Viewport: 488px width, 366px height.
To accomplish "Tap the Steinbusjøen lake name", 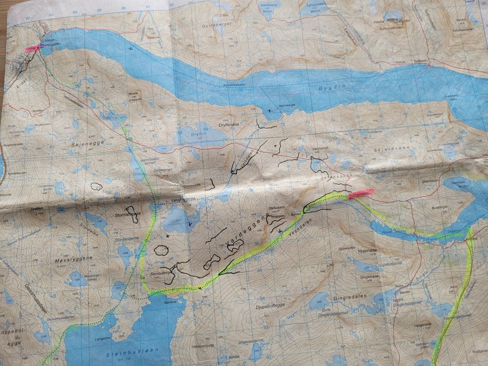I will [125, 354].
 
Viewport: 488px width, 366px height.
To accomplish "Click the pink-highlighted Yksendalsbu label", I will [360, 194].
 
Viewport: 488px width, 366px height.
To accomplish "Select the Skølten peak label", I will [34, 209].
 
